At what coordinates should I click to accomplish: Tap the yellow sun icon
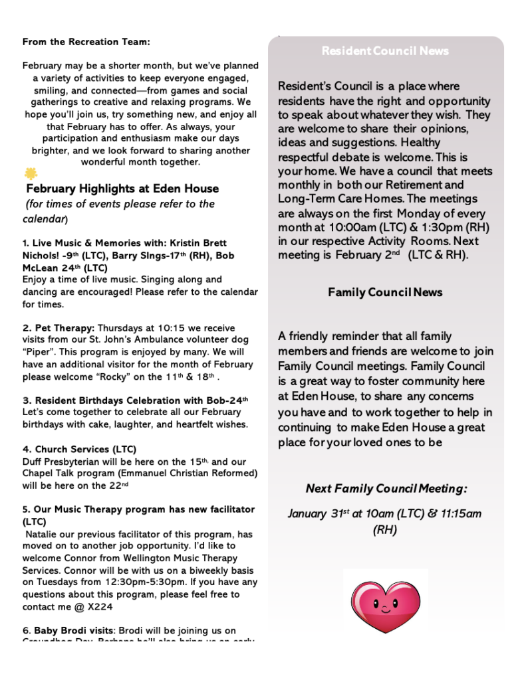(31, 174)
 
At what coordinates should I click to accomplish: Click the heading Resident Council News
(385, 51)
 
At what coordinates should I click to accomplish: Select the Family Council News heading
(385, 292)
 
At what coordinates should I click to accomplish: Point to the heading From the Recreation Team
(86, 42)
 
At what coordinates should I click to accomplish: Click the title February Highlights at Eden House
(122, 189)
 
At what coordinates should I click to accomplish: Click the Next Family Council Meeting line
(386, 489)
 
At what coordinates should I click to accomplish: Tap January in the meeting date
(308, 513)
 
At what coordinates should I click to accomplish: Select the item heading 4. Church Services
(79, 450)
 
